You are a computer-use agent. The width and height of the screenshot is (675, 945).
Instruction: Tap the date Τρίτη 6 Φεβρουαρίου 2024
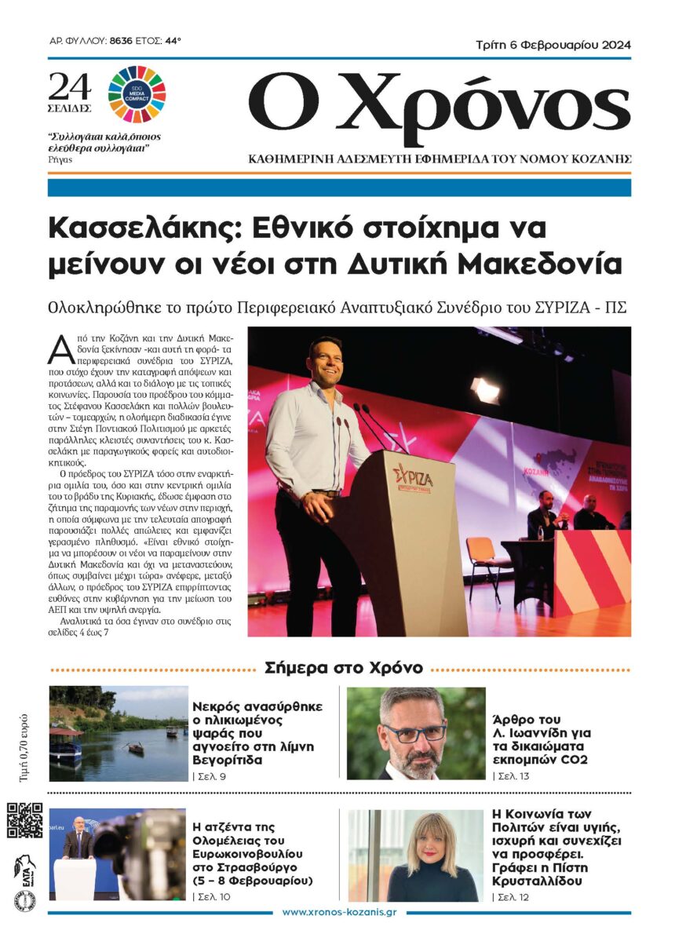pos(553,45)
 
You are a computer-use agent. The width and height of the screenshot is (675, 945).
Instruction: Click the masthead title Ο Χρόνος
pos(439,102)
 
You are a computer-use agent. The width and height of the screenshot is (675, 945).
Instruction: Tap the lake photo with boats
pos(119,733)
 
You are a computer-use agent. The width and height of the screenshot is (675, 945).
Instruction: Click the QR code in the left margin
pos(24,820)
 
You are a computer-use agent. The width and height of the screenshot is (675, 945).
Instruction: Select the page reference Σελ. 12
pos(511,896)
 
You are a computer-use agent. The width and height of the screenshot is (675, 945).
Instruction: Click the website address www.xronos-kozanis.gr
pos(338,913)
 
